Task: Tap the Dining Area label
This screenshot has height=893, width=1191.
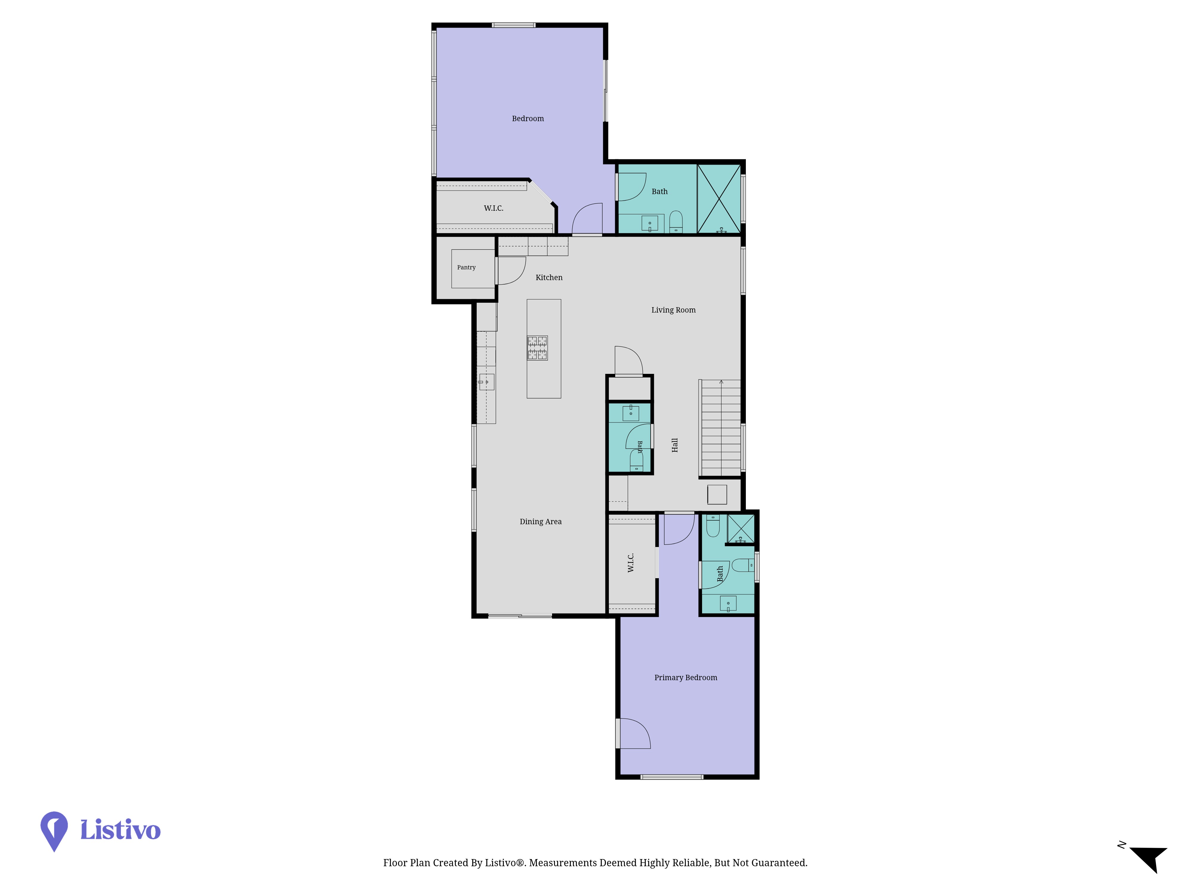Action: click(541, 522)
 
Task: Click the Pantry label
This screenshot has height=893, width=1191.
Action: click(466, 268)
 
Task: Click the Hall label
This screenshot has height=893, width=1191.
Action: click(675, 445)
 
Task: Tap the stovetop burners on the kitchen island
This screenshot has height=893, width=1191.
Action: click(537, 348)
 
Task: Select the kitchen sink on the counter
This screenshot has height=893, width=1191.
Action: click(486, 382)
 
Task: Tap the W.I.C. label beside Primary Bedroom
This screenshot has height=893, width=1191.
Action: click(631, 563)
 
